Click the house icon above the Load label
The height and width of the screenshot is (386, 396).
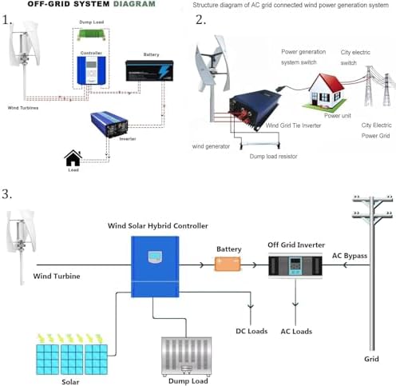click(x=73, y=158)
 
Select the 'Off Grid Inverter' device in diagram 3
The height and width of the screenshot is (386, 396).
click(x=296, y=265)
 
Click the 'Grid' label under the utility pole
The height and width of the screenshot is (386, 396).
click(x=372, y=360)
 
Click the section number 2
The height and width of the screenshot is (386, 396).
click(x=200, y=19)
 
